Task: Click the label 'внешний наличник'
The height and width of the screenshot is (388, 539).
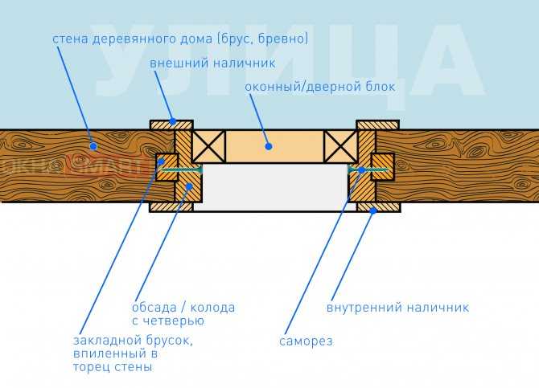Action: tap(212, 63)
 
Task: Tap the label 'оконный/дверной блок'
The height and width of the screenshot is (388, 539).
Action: tap(320, 87)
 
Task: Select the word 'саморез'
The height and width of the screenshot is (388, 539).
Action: tap(306, 341)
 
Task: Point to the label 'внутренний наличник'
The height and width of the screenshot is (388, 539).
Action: tap(397, 308)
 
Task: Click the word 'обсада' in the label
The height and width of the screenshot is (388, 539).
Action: tap(154, 308)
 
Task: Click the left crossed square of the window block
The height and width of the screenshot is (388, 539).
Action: tap(208, 146)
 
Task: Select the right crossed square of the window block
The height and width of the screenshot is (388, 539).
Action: tap(341, 146)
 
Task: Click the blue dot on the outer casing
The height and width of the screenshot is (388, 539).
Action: tap(173, 121)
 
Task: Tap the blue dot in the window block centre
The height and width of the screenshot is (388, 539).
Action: tap(269, 146)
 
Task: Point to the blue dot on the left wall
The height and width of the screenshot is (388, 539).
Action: tap(93, 146)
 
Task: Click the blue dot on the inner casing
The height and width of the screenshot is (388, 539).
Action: tap(372, 210)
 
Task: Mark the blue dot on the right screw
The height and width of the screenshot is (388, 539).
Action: tap(361, 170)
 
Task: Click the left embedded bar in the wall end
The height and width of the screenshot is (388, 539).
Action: tap(167, 167)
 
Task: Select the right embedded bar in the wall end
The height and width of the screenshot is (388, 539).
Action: tap(382, 167)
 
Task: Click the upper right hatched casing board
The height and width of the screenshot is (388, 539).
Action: tap(378, 125)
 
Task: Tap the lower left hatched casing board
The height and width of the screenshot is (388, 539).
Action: tap(171, 207)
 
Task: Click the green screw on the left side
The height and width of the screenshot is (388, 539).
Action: tap(182, 170)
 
